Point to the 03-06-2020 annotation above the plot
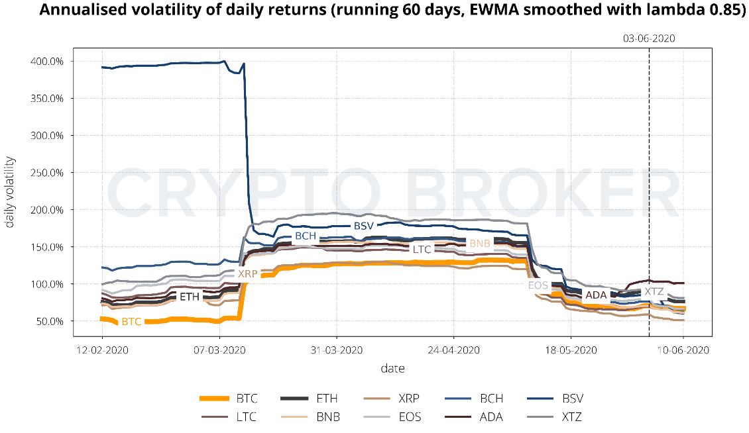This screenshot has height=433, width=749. (648, 38)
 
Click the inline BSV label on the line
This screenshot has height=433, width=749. (364, 226)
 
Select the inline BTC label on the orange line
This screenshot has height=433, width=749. (132, 321)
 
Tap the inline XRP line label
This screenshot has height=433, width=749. (247, 273)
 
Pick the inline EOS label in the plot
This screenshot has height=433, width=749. (538, 285)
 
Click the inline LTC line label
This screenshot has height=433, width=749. (422, 250)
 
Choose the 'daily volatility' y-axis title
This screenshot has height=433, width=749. (10, 192)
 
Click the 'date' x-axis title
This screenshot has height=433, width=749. (392, 368)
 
